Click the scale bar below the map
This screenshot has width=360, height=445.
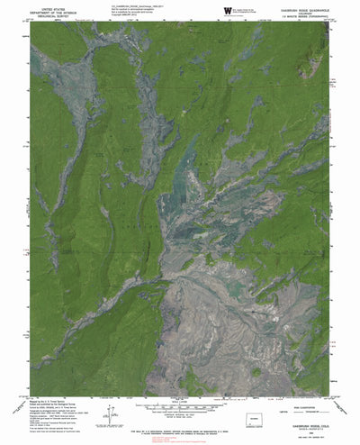(x=180, y=407)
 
